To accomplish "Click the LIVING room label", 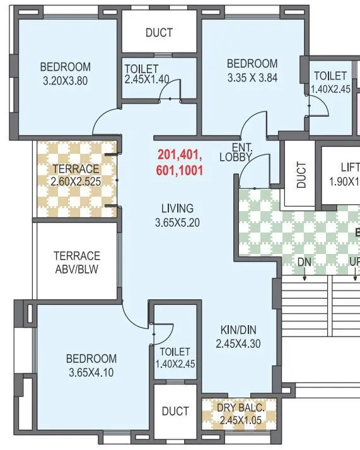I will click(x=177, y=209).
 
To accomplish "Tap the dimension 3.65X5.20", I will click(x=177, y=222).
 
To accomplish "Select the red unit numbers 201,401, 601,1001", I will click(x=180, y=162).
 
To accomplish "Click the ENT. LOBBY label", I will click(x=236, y=153).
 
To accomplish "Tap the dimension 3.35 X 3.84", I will click(x=252, y=78).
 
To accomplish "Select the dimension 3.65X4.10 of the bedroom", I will click(x=91, y=372).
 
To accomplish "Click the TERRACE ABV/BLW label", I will click(x=76, y=262).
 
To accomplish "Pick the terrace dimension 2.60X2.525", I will click(x=76, y=182).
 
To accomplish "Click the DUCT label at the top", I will click(x=159, y=33).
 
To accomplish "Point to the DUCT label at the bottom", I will click(x=175, y=412).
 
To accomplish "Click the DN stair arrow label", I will click(x=305, y=261).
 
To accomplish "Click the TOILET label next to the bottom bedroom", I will click(x=175, y=352).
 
